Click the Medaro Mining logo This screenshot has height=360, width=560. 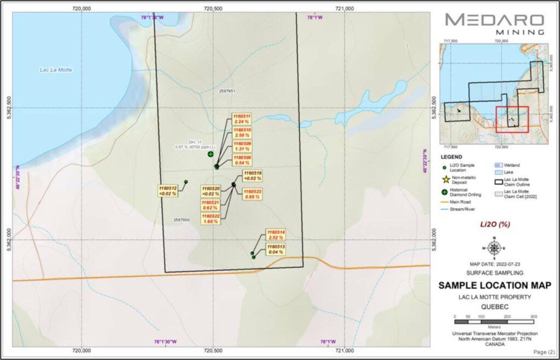[494, 24]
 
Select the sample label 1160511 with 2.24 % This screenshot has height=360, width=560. [242, 119]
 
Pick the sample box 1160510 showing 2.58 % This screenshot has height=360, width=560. [242, 132]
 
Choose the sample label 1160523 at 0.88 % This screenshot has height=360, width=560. [254, 194]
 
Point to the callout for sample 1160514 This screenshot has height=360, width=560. [275, 235]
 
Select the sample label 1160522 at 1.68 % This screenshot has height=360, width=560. [211, 218]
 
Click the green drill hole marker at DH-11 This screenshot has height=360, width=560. [211, 154]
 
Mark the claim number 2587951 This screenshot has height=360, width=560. [227, 91]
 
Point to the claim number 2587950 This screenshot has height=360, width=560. [182, 219]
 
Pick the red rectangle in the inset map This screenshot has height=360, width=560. [512, 119]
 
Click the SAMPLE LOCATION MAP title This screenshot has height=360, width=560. [494, 285]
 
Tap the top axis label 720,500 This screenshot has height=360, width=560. [213, 8]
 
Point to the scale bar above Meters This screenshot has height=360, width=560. [494, 317]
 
